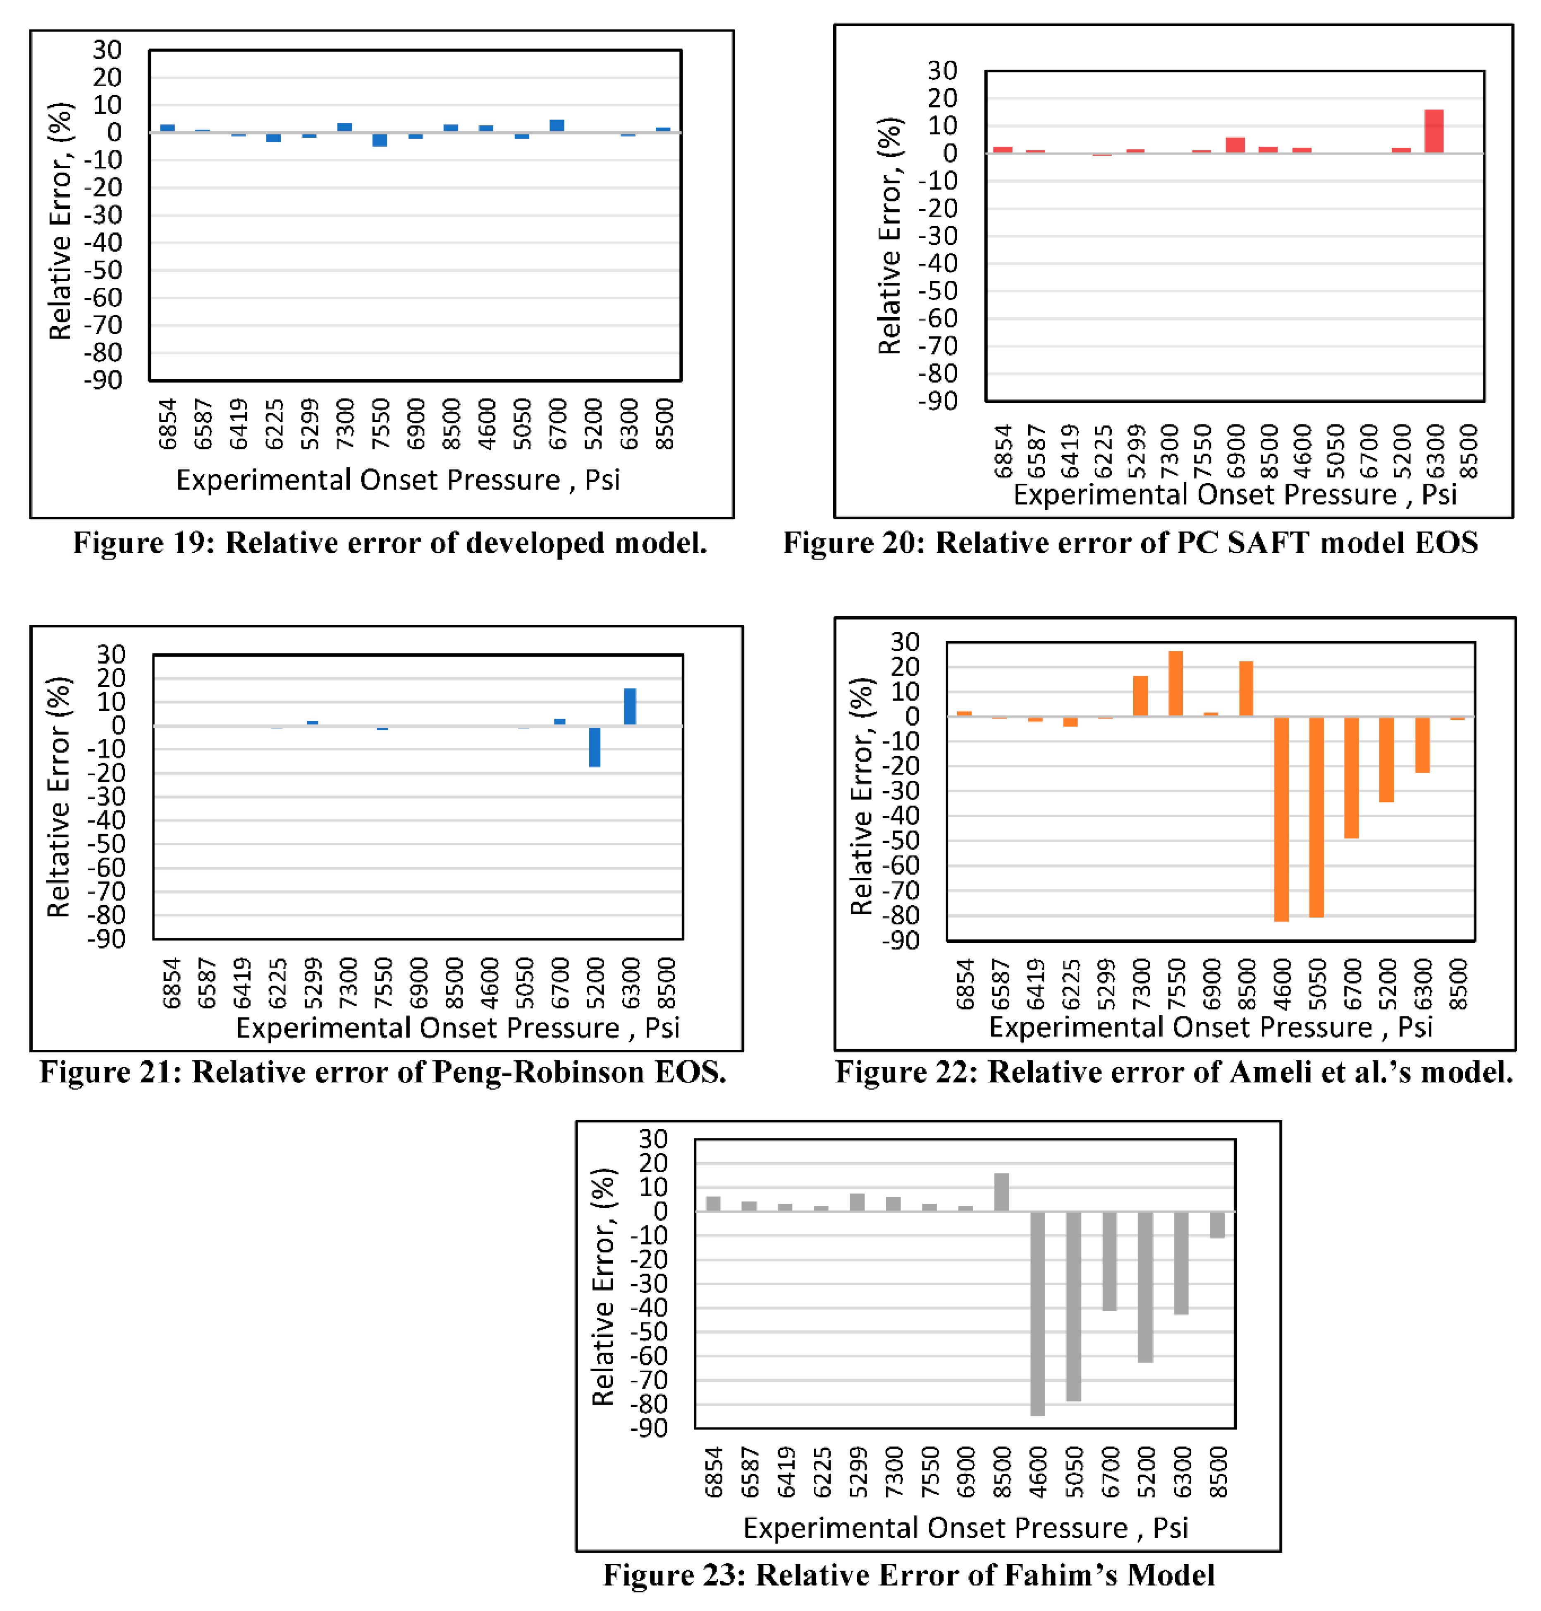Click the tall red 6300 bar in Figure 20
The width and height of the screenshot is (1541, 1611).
1433,131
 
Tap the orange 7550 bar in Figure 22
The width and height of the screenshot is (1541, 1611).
1175,684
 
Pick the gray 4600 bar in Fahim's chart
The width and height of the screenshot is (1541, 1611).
1037,1312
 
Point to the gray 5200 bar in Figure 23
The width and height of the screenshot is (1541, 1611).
1145,1286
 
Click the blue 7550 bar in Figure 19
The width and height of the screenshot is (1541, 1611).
380,140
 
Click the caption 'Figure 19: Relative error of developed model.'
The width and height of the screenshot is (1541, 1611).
390,543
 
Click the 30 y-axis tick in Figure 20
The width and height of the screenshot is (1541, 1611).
942,71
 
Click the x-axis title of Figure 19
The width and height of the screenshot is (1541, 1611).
398,480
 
